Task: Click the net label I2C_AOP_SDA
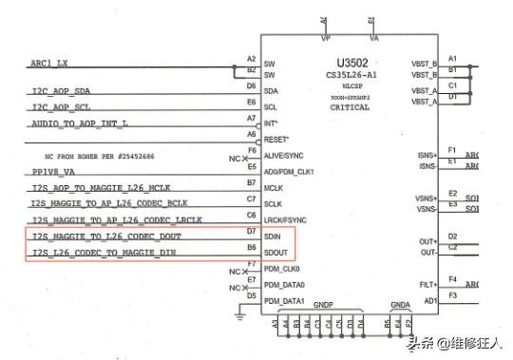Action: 62,90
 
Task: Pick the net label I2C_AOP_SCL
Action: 62,107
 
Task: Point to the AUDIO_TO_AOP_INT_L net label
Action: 80,123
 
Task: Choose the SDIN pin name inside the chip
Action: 275,237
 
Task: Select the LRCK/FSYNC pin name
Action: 288,219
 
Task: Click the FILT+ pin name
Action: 427,283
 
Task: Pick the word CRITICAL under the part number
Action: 350,107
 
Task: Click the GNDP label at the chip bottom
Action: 323,306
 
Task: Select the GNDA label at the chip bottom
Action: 400,306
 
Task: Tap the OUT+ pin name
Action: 427,241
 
